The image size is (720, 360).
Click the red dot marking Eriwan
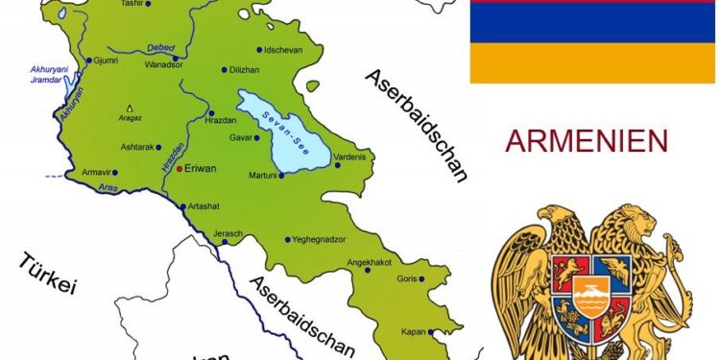coord(180,168)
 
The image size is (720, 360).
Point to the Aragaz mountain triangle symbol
coord(130,107)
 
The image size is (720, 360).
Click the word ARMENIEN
coord(587,141)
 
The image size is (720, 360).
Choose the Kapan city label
coord(413,332)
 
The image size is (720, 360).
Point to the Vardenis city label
coord(351,156)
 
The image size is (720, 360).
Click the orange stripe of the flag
coord(591,62)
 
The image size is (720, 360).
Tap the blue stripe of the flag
coord(591,23)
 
